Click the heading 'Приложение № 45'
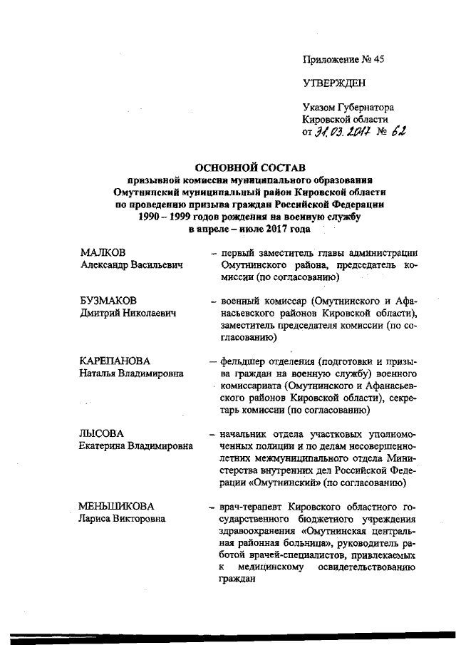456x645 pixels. tap(343, 60)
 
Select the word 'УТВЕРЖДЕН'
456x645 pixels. tap(334, 83)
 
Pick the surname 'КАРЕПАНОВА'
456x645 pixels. tap(117, 361)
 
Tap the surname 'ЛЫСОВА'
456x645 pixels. tap(101, 433)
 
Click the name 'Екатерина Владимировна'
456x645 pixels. tap(135, 446)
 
